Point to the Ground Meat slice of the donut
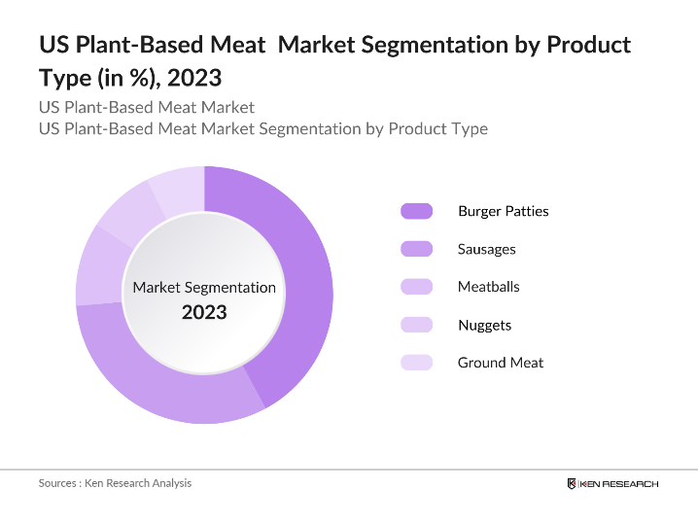(178, 188)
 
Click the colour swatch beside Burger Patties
(416, 211)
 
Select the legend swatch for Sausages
(416, 249)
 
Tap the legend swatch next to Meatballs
(416, 287)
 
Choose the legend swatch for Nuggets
(416, 325)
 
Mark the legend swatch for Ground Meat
(416, 363)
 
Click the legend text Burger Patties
(503, 211)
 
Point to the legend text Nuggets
(484, 325)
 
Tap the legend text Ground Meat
(501, 363)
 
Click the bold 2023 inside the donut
(204, 312)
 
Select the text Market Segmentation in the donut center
(204, 288)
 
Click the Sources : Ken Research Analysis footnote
(115, 483)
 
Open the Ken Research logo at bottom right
(612, 483)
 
